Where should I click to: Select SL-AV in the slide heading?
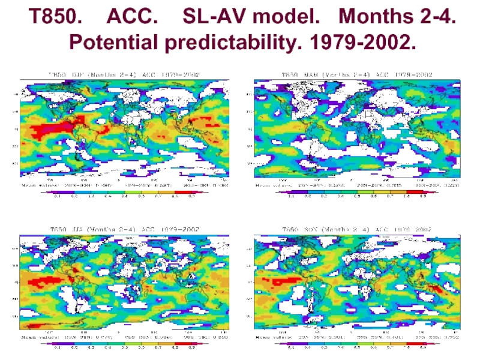(x=211, y=17)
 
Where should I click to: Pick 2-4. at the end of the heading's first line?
(x=439, y=17)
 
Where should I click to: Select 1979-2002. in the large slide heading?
(x=367, y=43)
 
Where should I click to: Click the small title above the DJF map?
(x=124, y=74)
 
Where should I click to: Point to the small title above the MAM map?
(x=358, y=74)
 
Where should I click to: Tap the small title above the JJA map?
(x=124, y=229)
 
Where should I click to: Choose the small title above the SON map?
(x=358, y=229)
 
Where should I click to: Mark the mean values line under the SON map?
(x=358, y=338)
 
